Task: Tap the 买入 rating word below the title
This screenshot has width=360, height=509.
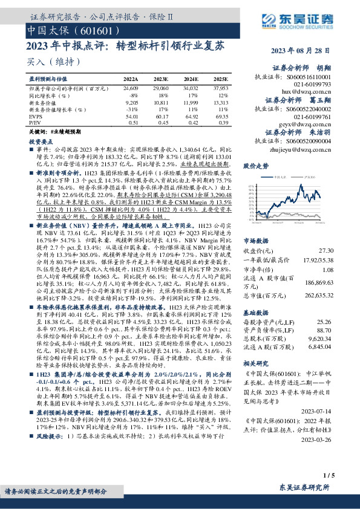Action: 36,62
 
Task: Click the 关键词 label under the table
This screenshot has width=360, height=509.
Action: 37,131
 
